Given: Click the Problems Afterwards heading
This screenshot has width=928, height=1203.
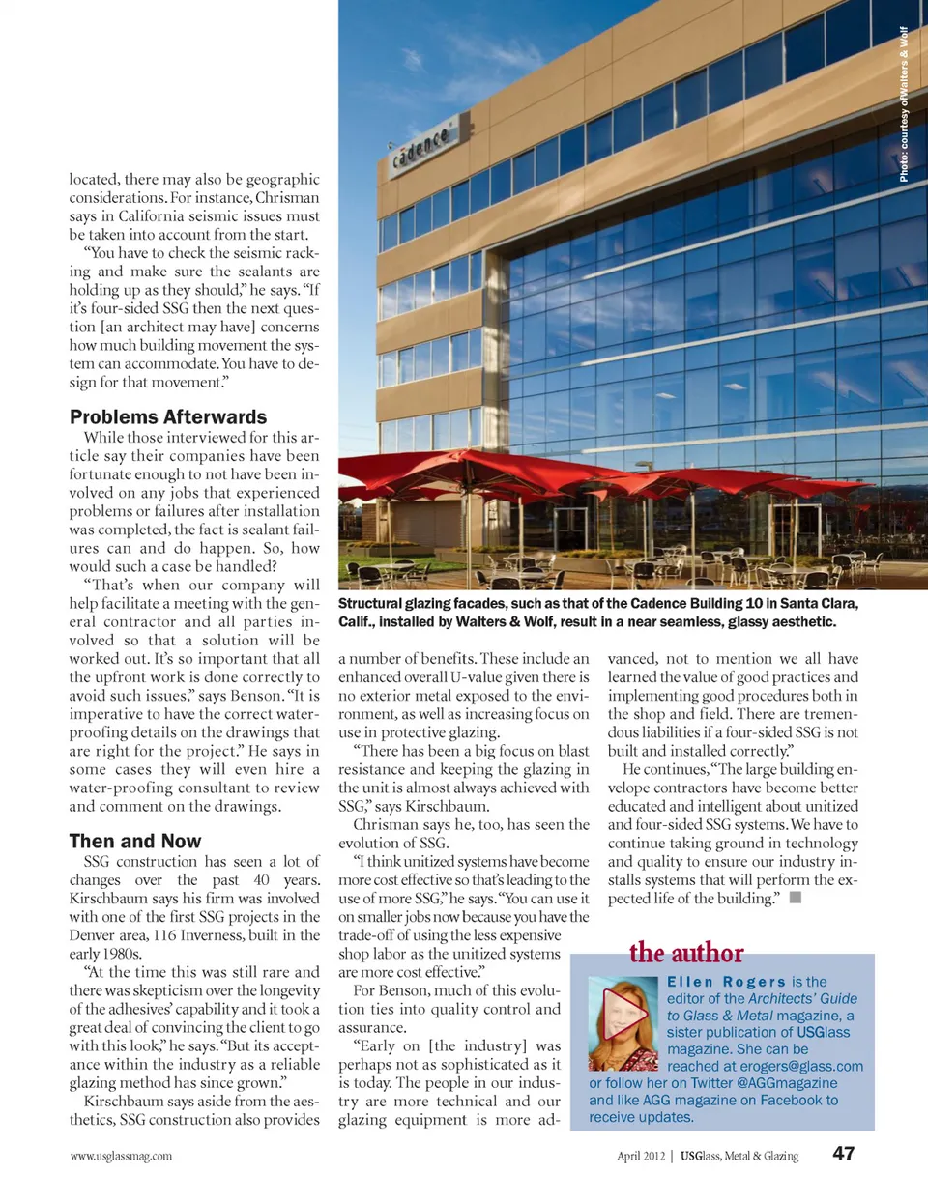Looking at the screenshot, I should point(168,417).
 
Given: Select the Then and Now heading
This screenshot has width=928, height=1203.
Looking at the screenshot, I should point(135,842).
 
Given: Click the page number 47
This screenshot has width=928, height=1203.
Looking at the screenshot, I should point(843,1154).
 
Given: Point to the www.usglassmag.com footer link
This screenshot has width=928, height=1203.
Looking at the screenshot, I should point(121,1156).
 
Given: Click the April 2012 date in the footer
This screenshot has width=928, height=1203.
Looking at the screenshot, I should point(641,1156).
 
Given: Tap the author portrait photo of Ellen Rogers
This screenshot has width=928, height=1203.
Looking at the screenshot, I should point(623,1023).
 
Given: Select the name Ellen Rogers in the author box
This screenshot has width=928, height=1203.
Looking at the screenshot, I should point(726,982).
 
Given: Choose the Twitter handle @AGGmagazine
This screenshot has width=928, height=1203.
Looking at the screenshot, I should point(787,1083).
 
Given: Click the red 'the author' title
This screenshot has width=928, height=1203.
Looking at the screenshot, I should point(686,954).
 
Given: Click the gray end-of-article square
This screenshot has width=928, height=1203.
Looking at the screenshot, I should point(796,898).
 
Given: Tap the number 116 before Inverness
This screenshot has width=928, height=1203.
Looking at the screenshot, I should point(165,935).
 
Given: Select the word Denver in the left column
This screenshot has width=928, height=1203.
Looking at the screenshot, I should point(94,935).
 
